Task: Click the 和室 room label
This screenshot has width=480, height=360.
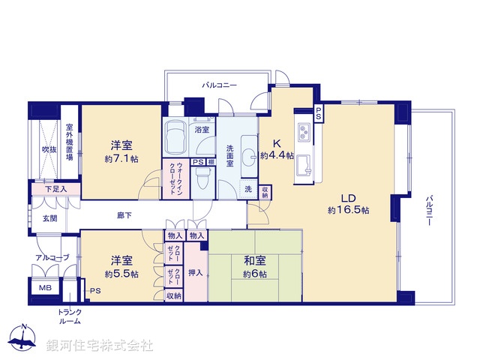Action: [x=255, y=261]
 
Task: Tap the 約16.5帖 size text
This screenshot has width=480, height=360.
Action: [x=348, y=211]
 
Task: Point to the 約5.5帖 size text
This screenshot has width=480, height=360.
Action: [x=121, y=274]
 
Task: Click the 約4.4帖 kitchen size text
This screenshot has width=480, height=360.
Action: [x=277, y=155]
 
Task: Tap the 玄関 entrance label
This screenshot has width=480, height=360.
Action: [x=49, y=218]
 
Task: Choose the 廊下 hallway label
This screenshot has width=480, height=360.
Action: [x=124, y=216]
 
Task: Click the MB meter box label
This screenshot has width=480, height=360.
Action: [x=45, y=287]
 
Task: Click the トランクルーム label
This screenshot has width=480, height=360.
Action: [x=72, y=316]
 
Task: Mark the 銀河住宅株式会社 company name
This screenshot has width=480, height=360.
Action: [x=100, y=345]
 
